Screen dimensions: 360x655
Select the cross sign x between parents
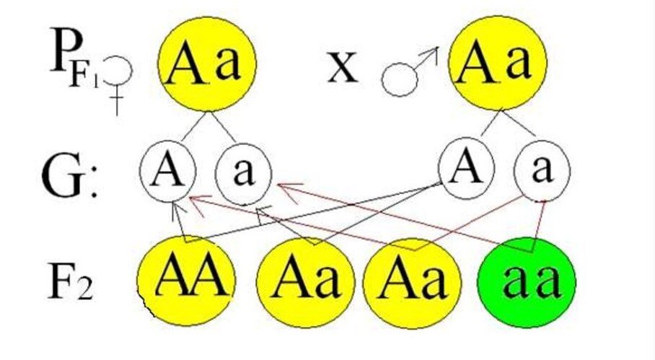(342, 69)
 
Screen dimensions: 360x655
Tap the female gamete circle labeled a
(243, 173)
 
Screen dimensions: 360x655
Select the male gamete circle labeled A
(466, 170)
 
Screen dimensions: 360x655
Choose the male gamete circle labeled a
(542, 172)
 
